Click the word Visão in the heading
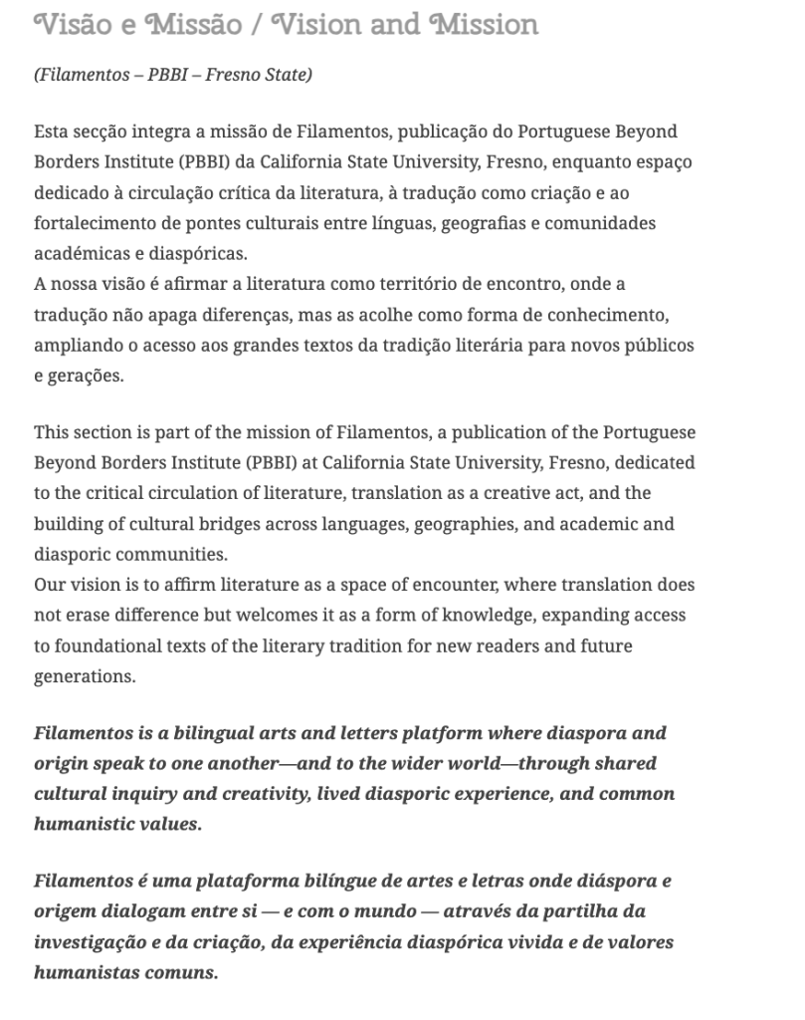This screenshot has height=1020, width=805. coord(70,24)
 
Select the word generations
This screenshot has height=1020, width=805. coord(84,676)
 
